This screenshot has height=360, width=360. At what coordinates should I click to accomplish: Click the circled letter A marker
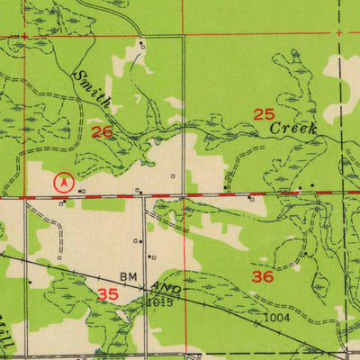62,182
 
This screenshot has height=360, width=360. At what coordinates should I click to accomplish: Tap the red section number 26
103,131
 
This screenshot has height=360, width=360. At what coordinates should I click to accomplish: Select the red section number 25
264,114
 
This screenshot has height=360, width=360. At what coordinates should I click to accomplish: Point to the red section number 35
108,294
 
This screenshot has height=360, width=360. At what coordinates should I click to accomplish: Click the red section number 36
262,277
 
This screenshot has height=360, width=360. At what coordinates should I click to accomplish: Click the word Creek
295,130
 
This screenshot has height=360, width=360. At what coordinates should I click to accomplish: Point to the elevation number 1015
158,302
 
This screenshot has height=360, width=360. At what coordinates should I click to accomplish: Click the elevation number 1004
277,318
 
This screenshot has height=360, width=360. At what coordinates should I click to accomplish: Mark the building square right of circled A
83,191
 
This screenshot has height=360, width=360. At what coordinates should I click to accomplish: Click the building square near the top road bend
141,44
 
